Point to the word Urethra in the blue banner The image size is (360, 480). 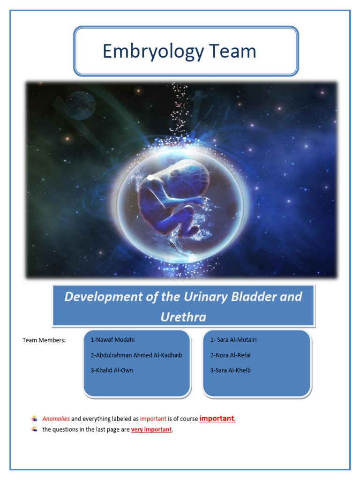183,317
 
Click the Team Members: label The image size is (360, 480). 44,340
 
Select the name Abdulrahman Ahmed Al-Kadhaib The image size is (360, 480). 136,355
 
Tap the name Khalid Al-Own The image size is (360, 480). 112,370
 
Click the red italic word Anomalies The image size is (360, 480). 56,419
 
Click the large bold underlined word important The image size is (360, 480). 217,418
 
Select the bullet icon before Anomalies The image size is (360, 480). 34,419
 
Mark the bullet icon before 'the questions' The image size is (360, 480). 34,429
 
